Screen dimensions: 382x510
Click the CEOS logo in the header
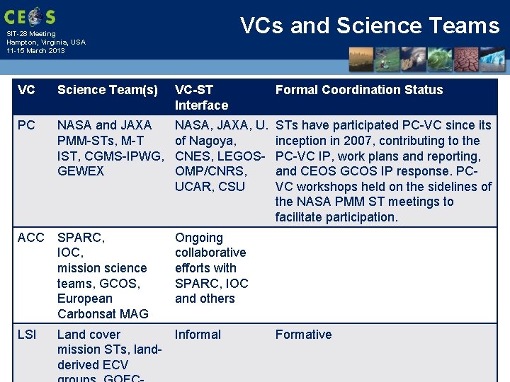pos(30,16)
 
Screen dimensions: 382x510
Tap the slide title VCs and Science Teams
pos(370,25)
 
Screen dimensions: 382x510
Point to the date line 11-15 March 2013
pos(35,51)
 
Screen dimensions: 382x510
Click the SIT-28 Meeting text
pos(31,34)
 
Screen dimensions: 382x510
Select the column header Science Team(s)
pos(108,90)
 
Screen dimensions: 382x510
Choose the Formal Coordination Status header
pos(358,90)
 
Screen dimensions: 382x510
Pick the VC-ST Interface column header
pos(201,98)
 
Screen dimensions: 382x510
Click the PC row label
pos(26,125)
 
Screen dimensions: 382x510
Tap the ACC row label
pos(30,238)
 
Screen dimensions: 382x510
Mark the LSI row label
pos(27,335)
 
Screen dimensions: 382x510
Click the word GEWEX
pos(81,171)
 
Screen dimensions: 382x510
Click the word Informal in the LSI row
pos(198,335)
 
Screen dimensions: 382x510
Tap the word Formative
pos(303,335)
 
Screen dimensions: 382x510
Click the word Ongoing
pos(199,238)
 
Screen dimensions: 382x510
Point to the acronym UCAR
pos(193,187)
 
